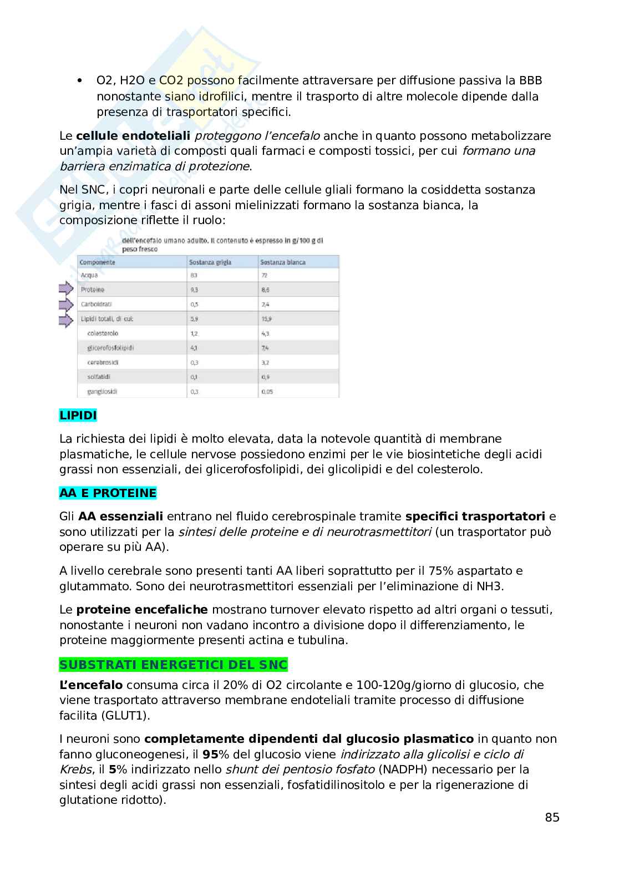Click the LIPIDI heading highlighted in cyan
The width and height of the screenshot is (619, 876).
78,415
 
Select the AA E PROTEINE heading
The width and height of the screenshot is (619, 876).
108,493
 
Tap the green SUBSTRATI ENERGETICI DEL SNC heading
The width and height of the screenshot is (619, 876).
174,665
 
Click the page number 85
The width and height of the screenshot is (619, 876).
552,817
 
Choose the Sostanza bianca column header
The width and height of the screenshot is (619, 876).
283,262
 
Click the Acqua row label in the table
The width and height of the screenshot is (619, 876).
89,275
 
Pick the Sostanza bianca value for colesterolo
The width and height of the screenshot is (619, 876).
265,333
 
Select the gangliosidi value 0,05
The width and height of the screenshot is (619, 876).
267,392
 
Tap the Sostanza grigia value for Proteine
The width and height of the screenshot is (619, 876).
194,290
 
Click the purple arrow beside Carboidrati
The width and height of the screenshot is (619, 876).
66,304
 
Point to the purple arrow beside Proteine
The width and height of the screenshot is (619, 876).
66,289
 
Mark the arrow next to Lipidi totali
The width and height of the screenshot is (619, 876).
66,320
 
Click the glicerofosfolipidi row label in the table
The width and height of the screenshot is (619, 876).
111,348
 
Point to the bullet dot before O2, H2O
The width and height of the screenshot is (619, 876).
80,81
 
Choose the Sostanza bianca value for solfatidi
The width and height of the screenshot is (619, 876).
265,377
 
